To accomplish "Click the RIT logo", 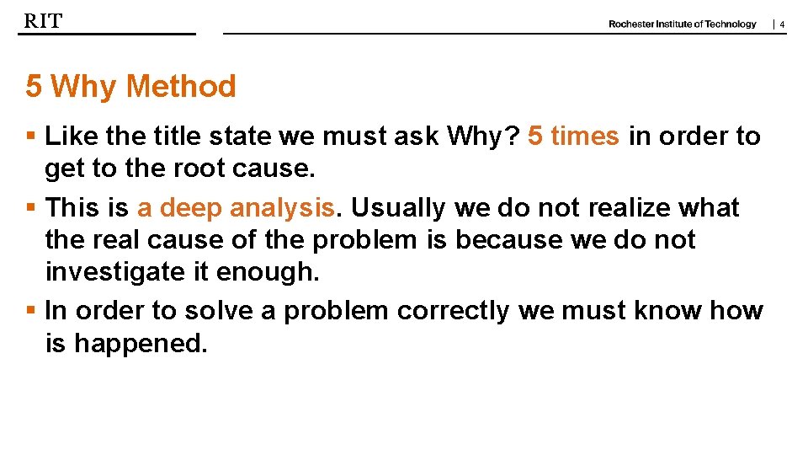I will (x=42, y=21).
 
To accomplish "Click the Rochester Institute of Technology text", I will (x=682, y=24).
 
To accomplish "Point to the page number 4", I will (x=782, y=25).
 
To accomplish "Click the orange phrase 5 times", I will (x=573, y=136).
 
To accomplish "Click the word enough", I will (x=268, y=272).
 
